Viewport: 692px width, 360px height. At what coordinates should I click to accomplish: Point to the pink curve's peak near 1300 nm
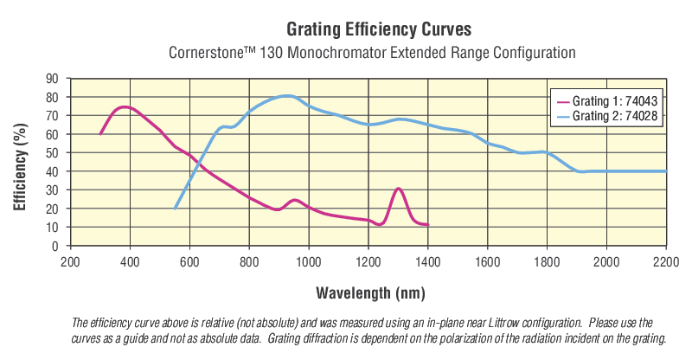(398, 189)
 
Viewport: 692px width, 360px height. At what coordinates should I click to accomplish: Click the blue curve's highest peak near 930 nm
(288, 96)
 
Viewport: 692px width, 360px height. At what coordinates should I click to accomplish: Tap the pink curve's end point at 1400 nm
(427, 225)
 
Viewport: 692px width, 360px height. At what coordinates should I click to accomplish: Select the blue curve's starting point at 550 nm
(175, 209)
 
